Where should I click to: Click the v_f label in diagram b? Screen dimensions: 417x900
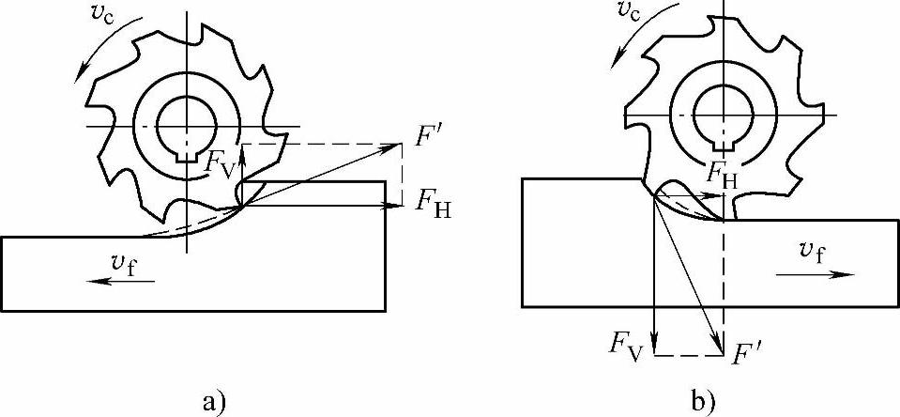pyautogui.click(x=812, y=250)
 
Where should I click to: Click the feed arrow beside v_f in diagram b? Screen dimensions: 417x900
pyautogui.click(x=816, y=274)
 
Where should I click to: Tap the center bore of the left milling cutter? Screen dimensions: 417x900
pyautogui.click(x=187, y=124)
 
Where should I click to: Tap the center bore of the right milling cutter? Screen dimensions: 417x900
pyautogui.click(x=722, y=110)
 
